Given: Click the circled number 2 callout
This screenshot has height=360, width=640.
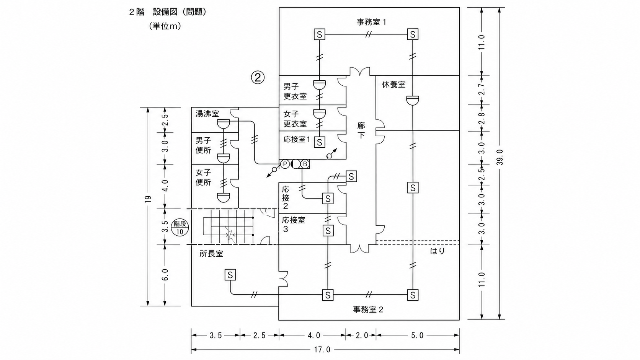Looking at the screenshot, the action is pyautogui.click(x=258, y=77).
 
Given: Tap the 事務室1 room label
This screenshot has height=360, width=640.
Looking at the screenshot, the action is pyautogui.click(x=371, y=22).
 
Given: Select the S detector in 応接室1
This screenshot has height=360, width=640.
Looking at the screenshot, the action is pyautogui.click(x=320, y=142).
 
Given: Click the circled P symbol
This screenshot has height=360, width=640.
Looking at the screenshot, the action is pyautogui.click(x=285, y=164).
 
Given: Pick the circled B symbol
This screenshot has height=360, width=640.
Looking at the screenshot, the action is pyautogui.click(x=305, y=164).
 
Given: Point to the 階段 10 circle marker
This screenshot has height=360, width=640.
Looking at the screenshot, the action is pyautogui.click(x=180, y=228).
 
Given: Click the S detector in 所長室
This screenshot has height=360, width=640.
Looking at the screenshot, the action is pyautogui.click(x=230, y=275).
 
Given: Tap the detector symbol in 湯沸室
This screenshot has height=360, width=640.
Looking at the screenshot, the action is pyautogui.click(x=224, y=124).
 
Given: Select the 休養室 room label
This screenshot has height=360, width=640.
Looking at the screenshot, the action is pyautogui.click(x=393, y=85).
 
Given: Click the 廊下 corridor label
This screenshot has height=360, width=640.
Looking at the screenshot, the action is pyautogui.click(x=361, y=130).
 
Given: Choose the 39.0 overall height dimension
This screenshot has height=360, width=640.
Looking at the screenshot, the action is pyautogui.click(x=500, y=157).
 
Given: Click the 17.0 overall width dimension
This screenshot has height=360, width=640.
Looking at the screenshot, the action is pyautogui.click(x=322, y=349).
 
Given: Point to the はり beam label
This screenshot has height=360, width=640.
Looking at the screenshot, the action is pyautogui.click(x=438, y=251).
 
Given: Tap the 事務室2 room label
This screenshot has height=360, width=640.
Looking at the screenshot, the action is pyautogui.click(x=368, y=310).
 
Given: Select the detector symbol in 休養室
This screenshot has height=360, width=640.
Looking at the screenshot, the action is pyautogui.click(x=413, y=100).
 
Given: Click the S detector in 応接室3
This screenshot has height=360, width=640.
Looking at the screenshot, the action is pyautogui.click(x=328, y=230).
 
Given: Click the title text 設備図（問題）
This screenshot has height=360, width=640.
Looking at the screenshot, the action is pyautogui.click(x=180, y=12).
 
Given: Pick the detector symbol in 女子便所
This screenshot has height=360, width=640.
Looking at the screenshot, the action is pyautogui.click(x=224, y=197).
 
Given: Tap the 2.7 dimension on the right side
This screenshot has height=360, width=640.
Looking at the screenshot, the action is pyautogui.click(x=482, y=90).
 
